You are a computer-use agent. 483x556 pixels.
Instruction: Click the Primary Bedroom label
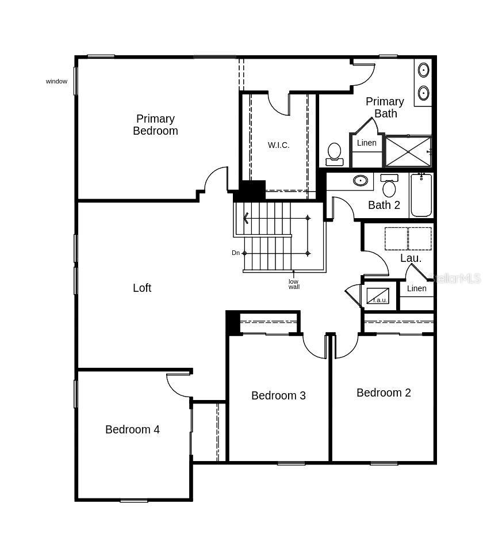[x=155, y=125]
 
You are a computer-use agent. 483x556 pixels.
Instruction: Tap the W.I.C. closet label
[x=278, y=145]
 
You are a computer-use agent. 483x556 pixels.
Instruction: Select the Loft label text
[x=142, y=288]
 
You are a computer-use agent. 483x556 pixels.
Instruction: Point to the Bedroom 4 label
[x=132, y=429]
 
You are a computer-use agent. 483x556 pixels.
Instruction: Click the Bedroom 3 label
[x=278, y=395]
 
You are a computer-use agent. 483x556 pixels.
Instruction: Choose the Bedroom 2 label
[x=384, y=393]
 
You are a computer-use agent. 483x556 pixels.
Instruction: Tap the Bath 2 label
[x=384, y=205]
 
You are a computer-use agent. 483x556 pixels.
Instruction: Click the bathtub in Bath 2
[x=421, y=196]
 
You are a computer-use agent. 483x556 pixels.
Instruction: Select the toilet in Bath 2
[x=389, y=186]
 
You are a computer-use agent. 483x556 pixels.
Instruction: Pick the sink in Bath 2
[x=361, y=181]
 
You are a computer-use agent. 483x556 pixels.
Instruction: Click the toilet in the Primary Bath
[x=334, y=154]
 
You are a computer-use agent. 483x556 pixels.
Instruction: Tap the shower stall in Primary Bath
[x=408, y=151]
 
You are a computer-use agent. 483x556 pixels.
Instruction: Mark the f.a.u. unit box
[x=378, y=296]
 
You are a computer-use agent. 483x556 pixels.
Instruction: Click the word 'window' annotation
[x=56, y=81]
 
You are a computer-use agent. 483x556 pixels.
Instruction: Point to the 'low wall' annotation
[x=294, y=284]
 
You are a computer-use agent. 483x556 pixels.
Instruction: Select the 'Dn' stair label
[x=236, y=253]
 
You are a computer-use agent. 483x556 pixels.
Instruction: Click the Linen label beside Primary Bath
[x=366, y=143]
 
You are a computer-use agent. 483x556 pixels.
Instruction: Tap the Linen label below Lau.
[x=416, y=288]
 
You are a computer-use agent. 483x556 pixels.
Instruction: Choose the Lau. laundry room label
[x=411, y=258]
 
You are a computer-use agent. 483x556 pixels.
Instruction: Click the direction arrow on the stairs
[x=246, y=218]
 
